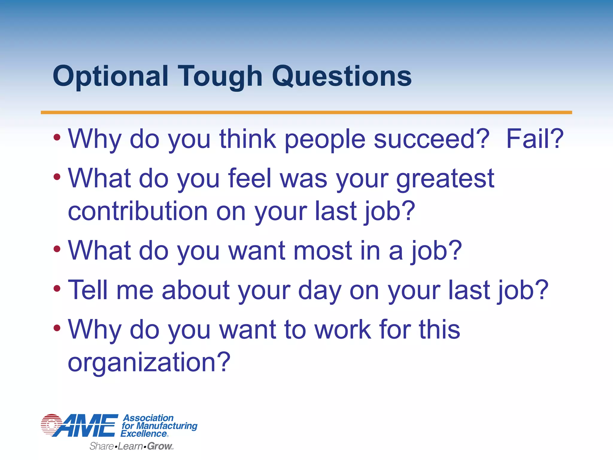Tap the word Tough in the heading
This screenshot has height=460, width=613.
[220, 76]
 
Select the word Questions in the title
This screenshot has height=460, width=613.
[342, 76]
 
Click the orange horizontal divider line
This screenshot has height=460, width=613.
[306, 112]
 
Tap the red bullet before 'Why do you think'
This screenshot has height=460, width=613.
[57, 138]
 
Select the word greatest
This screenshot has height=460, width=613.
[445, 179]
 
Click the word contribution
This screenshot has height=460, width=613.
[138, 211]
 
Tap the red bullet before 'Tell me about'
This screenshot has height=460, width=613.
[57, 289]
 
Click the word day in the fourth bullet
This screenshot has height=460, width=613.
[319, 290]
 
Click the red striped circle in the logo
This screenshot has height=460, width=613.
[51, 425]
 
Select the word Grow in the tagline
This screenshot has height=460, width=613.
[160, 446]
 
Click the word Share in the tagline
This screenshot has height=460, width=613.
[102, 446]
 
